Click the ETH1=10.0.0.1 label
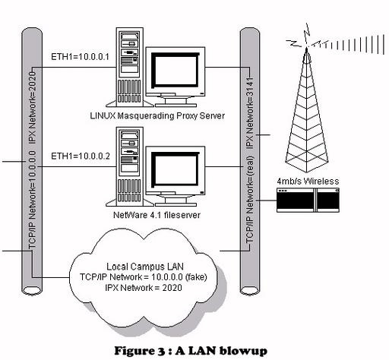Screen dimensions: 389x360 point(80,56)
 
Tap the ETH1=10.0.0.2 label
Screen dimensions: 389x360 point(81,156)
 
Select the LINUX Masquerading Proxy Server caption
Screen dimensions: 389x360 point(157,115)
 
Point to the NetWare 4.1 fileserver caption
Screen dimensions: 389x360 point(157,215)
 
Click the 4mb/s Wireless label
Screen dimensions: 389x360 point(308,182)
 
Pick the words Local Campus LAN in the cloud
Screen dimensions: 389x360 point(145,267)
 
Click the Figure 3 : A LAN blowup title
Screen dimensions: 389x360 point(191,351)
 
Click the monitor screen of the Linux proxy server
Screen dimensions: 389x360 point(176,70)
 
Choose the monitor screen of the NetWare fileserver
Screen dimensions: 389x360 point(176,169)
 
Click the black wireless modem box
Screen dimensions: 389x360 point(308,200)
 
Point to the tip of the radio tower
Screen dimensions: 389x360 point(306,48)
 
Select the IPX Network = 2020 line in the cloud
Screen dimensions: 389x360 point(144,288)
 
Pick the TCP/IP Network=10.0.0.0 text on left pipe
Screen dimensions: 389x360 point(33,200)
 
